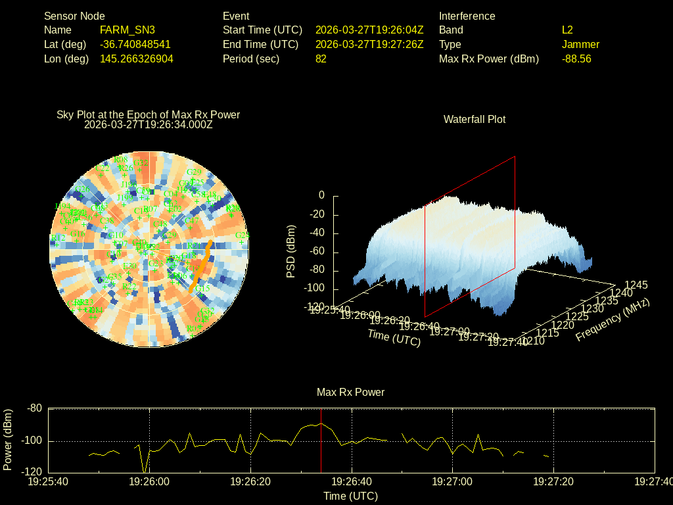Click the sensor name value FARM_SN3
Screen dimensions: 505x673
click(128, 30)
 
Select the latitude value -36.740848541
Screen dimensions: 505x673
click(135, 45)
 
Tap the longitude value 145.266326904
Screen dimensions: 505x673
click(137, 59)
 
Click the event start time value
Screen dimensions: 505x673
click(369, 30)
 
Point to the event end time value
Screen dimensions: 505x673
click(369, 45)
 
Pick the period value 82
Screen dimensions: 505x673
click(321, 59)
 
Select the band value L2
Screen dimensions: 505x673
click(567, 30)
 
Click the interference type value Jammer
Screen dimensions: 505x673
click(580, 45)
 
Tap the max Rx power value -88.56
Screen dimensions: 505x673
click(576, 59)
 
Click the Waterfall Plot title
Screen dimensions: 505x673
click(475, 120)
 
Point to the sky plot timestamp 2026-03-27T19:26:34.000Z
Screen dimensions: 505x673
click(149, 124)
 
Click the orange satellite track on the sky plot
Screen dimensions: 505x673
click(202, 266)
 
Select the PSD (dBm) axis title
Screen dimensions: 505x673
click(291, 251)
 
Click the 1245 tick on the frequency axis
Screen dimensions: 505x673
click(636, 285)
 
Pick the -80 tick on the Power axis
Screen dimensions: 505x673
click(34, 408)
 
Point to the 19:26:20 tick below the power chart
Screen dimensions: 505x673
click(251, 482)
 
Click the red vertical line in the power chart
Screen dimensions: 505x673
click(321, 447)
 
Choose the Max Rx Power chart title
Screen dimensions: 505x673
click(350, 393)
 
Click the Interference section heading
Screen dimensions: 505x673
click(467, 16)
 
